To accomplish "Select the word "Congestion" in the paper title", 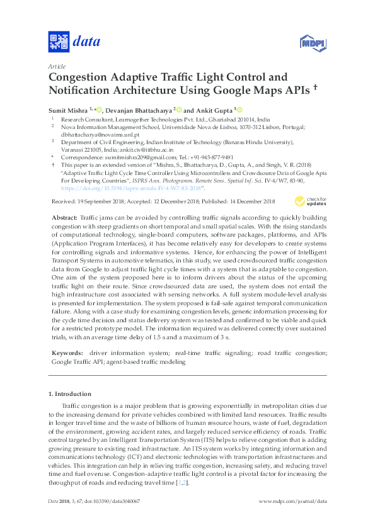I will (83, 78).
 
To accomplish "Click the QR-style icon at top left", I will (58, 43).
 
